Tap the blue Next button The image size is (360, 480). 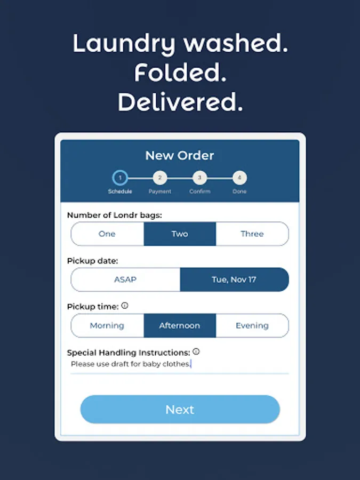tap(180, 410)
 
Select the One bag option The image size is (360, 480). tap(107, 234)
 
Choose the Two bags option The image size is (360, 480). tap(180, 234)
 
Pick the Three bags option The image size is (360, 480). tap(252, 234)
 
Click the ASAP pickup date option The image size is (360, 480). tap(125, 279)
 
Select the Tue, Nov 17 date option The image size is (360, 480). tap(234, 279)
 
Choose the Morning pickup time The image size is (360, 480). tap(107, 325)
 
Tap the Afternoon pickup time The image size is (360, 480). tap(180, 325)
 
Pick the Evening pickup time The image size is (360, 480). tap(252, 325)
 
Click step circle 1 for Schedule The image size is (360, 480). tap(120, 178)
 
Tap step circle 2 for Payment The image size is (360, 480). tap(159, 178)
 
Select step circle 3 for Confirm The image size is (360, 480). tap(199, 178)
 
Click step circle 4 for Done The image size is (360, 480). tap(239, 178)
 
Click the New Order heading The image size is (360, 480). tap(180, 156)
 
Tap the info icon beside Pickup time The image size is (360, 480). tap(125, 306)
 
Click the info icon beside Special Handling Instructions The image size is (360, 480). tap(196, 352)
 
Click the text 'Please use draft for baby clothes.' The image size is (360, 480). tap(131, 364)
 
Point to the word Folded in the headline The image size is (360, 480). tap(180, 73)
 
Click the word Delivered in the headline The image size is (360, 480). tap(180, 102)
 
